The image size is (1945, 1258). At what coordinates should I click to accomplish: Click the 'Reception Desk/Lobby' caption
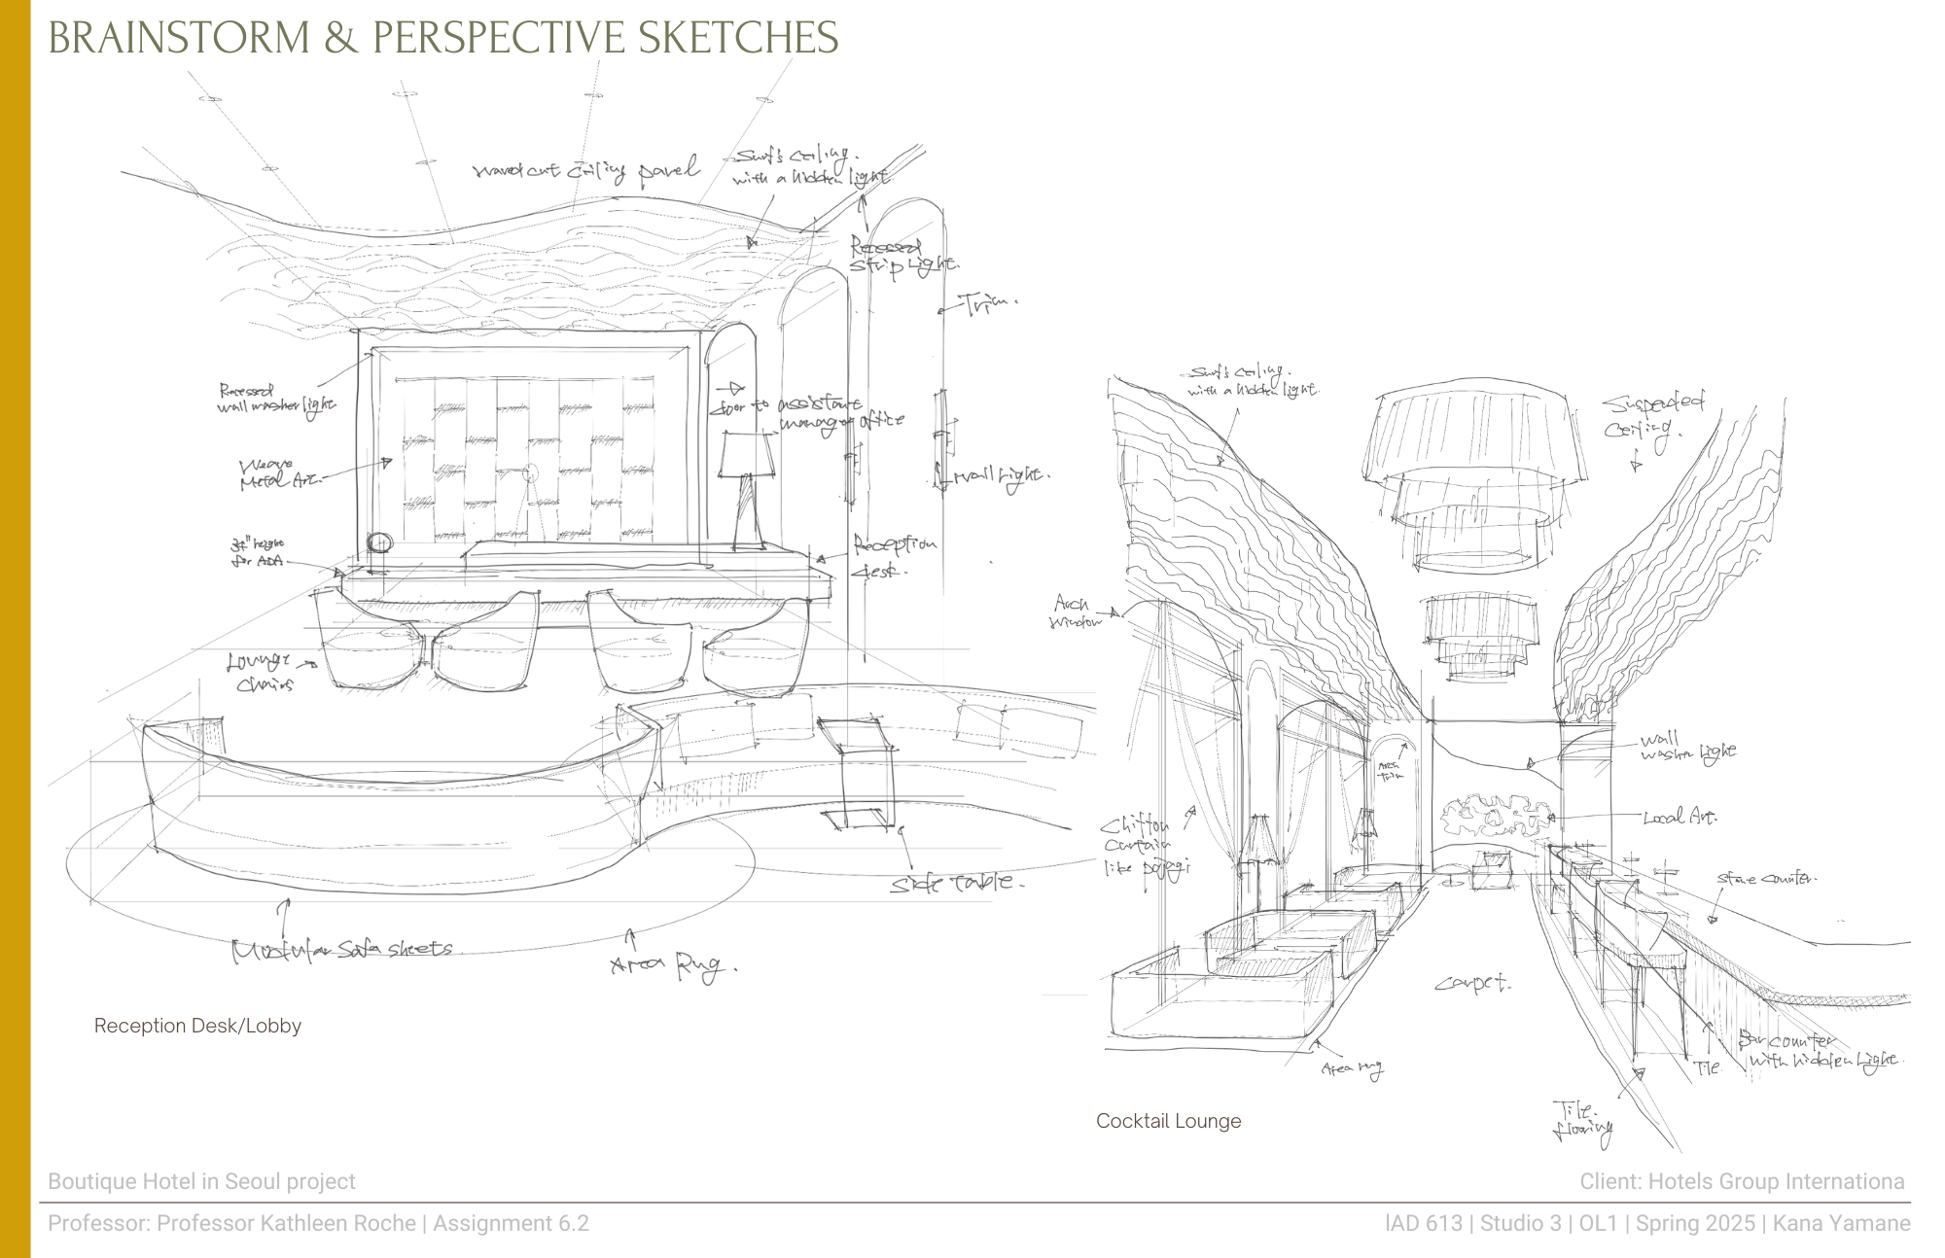[197, 1026]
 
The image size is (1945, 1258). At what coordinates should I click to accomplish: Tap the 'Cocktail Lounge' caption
[1168, 1121]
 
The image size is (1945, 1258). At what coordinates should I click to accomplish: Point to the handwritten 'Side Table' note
[956, 883]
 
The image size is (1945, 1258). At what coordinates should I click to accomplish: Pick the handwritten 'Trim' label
[988, 304]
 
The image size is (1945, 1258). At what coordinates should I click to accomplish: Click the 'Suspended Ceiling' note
[1652, 415]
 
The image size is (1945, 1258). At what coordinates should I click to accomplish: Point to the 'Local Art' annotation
[1679, 818]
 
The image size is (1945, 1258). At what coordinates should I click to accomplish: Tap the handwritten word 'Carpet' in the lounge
[1472, 984]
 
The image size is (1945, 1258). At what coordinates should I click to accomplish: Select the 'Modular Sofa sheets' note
[341, 949]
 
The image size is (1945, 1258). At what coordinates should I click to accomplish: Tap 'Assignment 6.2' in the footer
[511, 1223]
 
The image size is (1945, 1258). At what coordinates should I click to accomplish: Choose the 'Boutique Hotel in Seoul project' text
[201, 1181]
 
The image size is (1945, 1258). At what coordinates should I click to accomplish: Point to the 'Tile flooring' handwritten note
[1582, 1119]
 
